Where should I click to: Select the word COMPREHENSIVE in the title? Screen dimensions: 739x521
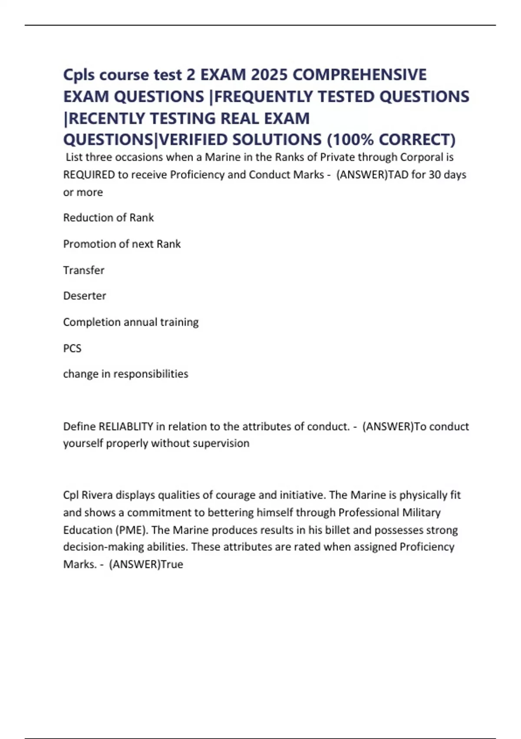click(359, 75)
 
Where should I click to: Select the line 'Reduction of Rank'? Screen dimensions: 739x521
click(109, 217)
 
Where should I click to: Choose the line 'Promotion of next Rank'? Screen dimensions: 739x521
click(122, 244)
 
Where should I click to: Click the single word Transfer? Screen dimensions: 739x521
click(84, 270)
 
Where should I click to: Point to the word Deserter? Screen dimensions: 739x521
click(85, 296)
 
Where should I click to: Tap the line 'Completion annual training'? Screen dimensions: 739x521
click(131, 322)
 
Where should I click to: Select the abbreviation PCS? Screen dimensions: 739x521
click(72, 348)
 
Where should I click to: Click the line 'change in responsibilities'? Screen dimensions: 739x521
click(125, 374)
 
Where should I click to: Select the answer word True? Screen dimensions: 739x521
click(172, 564)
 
